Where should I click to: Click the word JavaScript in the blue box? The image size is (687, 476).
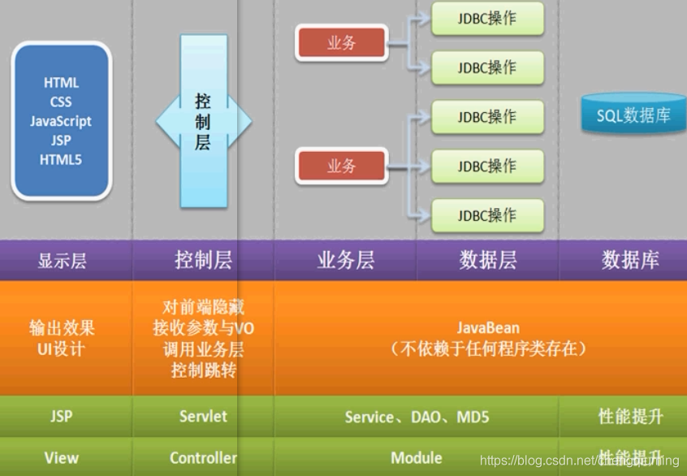61,121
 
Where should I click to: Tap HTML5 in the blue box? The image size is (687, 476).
61,160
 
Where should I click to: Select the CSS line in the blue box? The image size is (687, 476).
61,102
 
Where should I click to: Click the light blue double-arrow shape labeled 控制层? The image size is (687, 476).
203,122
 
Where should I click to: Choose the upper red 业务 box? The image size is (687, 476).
341,43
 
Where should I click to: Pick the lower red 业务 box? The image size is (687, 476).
341,167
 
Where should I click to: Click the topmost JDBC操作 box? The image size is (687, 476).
486,18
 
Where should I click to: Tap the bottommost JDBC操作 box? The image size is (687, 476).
486,215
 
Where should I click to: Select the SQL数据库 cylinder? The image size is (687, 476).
633,115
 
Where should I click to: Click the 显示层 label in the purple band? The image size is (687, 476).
62,261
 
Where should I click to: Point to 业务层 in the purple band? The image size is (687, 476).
346,261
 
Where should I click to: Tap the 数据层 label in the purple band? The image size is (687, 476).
488,260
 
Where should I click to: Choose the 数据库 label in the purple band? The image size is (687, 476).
630,260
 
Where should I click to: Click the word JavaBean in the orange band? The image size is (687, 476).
487,328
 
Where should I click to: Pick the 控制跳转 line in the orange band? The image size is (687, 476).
203,370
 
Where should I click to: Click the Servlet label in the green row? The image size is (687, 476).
203,416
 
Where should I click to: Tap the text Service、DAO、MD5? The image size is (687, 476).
417,417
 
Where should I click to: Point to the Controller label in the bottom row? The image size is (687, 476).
203,458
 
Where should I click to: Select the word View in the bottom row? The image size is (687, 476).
62,458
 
